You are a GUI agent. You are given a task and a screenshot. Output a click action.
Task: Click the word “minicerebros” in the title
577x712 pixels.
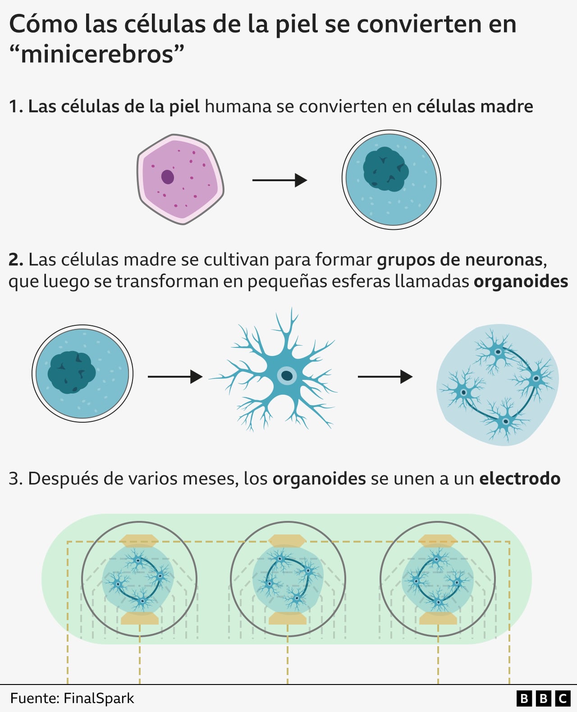[x=97, y=55]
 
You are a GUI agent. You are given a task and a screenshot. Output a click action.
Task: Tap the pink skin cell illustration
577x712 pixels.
[x=180, y=179]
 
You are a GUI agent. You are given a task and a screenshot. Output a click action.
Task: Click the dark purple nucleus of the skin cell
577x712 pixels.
[x=168, y=177]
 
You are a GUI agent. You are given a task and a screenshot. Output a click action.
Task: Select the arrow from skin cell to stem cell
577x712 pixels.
[x=279, y=180]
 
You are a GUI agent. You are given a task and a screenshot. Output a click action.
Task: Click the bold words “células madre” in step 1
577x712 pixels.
[x=475, y=106]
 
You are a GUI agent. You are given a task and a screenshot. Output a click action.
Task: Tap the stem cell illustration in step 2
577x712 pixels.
[x=82, y=374]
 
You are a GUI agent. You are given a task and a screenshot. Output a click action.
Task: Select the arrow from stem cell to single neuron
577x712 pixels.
[x=175, y=376]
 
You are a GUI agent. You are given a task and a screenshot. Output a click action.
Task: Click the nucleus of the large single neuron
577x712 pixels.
[x=286, y=375]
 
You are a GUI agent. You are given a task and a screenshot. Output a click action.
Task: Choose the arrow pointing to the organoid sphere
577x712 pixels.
[x=385, y=376]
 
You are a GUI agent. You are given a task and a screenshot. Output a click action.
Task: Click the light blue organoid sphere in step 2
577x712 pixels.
[x=498, y=384]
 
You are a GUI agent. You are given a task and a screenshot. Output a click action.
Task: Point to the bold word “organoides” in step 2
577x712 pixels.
[x=521, y=281]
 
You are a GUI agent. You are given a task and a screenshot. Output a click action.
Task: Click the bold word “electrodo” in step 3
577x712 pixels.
[x=520, y=479]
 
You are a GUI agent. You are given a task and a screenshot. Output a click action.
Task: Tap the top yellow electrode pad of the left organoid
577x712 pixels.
[x=139, y=541]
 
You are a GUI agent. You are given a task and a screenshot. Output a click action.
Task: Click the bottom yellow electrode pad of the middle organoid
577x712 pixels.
[x=288, y=618]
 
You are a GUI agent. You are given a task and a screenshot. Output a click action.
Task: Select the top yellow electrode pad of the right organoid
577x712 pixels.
[x=438, y=541]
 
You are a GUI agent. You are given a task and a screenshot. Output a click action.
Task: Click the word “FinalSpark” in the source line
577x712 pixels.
[x=99, y=698]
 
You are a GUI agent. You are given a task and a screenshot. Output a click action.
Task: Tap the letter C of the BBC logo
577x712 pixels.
[x=562, y=698]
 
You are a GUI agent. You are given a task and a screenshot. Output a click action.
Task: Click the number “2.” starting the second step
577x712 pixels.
[x=16, y=260]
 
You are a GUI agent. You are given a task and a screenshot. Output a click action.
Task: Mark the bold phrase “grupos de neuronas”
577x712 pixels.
[x=460, y=260]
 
